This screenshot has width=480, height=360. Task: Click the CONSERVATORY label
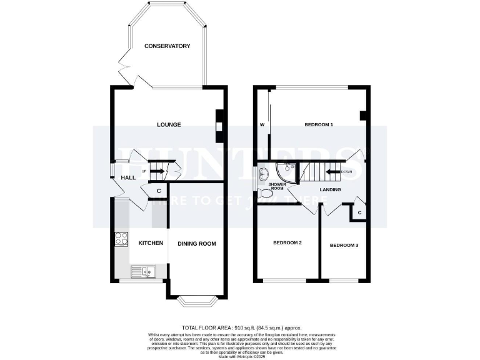(167, 46)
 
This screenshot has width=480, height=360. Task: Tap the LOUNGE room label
(169, 124)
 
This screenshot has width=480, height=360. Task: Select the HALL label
(128, 178)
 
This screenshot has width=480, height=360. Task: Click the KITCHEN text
(151, 243)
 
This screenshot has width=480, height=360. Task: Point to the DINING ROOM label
(197, 243)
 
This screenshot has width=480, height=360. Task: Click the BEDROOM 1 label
(319, 124)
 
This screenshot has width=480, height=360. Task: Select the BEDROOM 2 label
(287, 242)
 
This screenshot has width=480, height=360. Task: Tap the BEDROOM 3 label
(344, 245)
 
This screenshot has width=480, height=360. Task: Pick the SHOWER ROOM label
(276, 186)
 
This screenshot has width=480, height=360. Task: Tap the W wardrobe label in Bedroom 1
(262, 124)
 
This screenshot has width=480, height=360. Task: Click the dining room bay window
(196, 302)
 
